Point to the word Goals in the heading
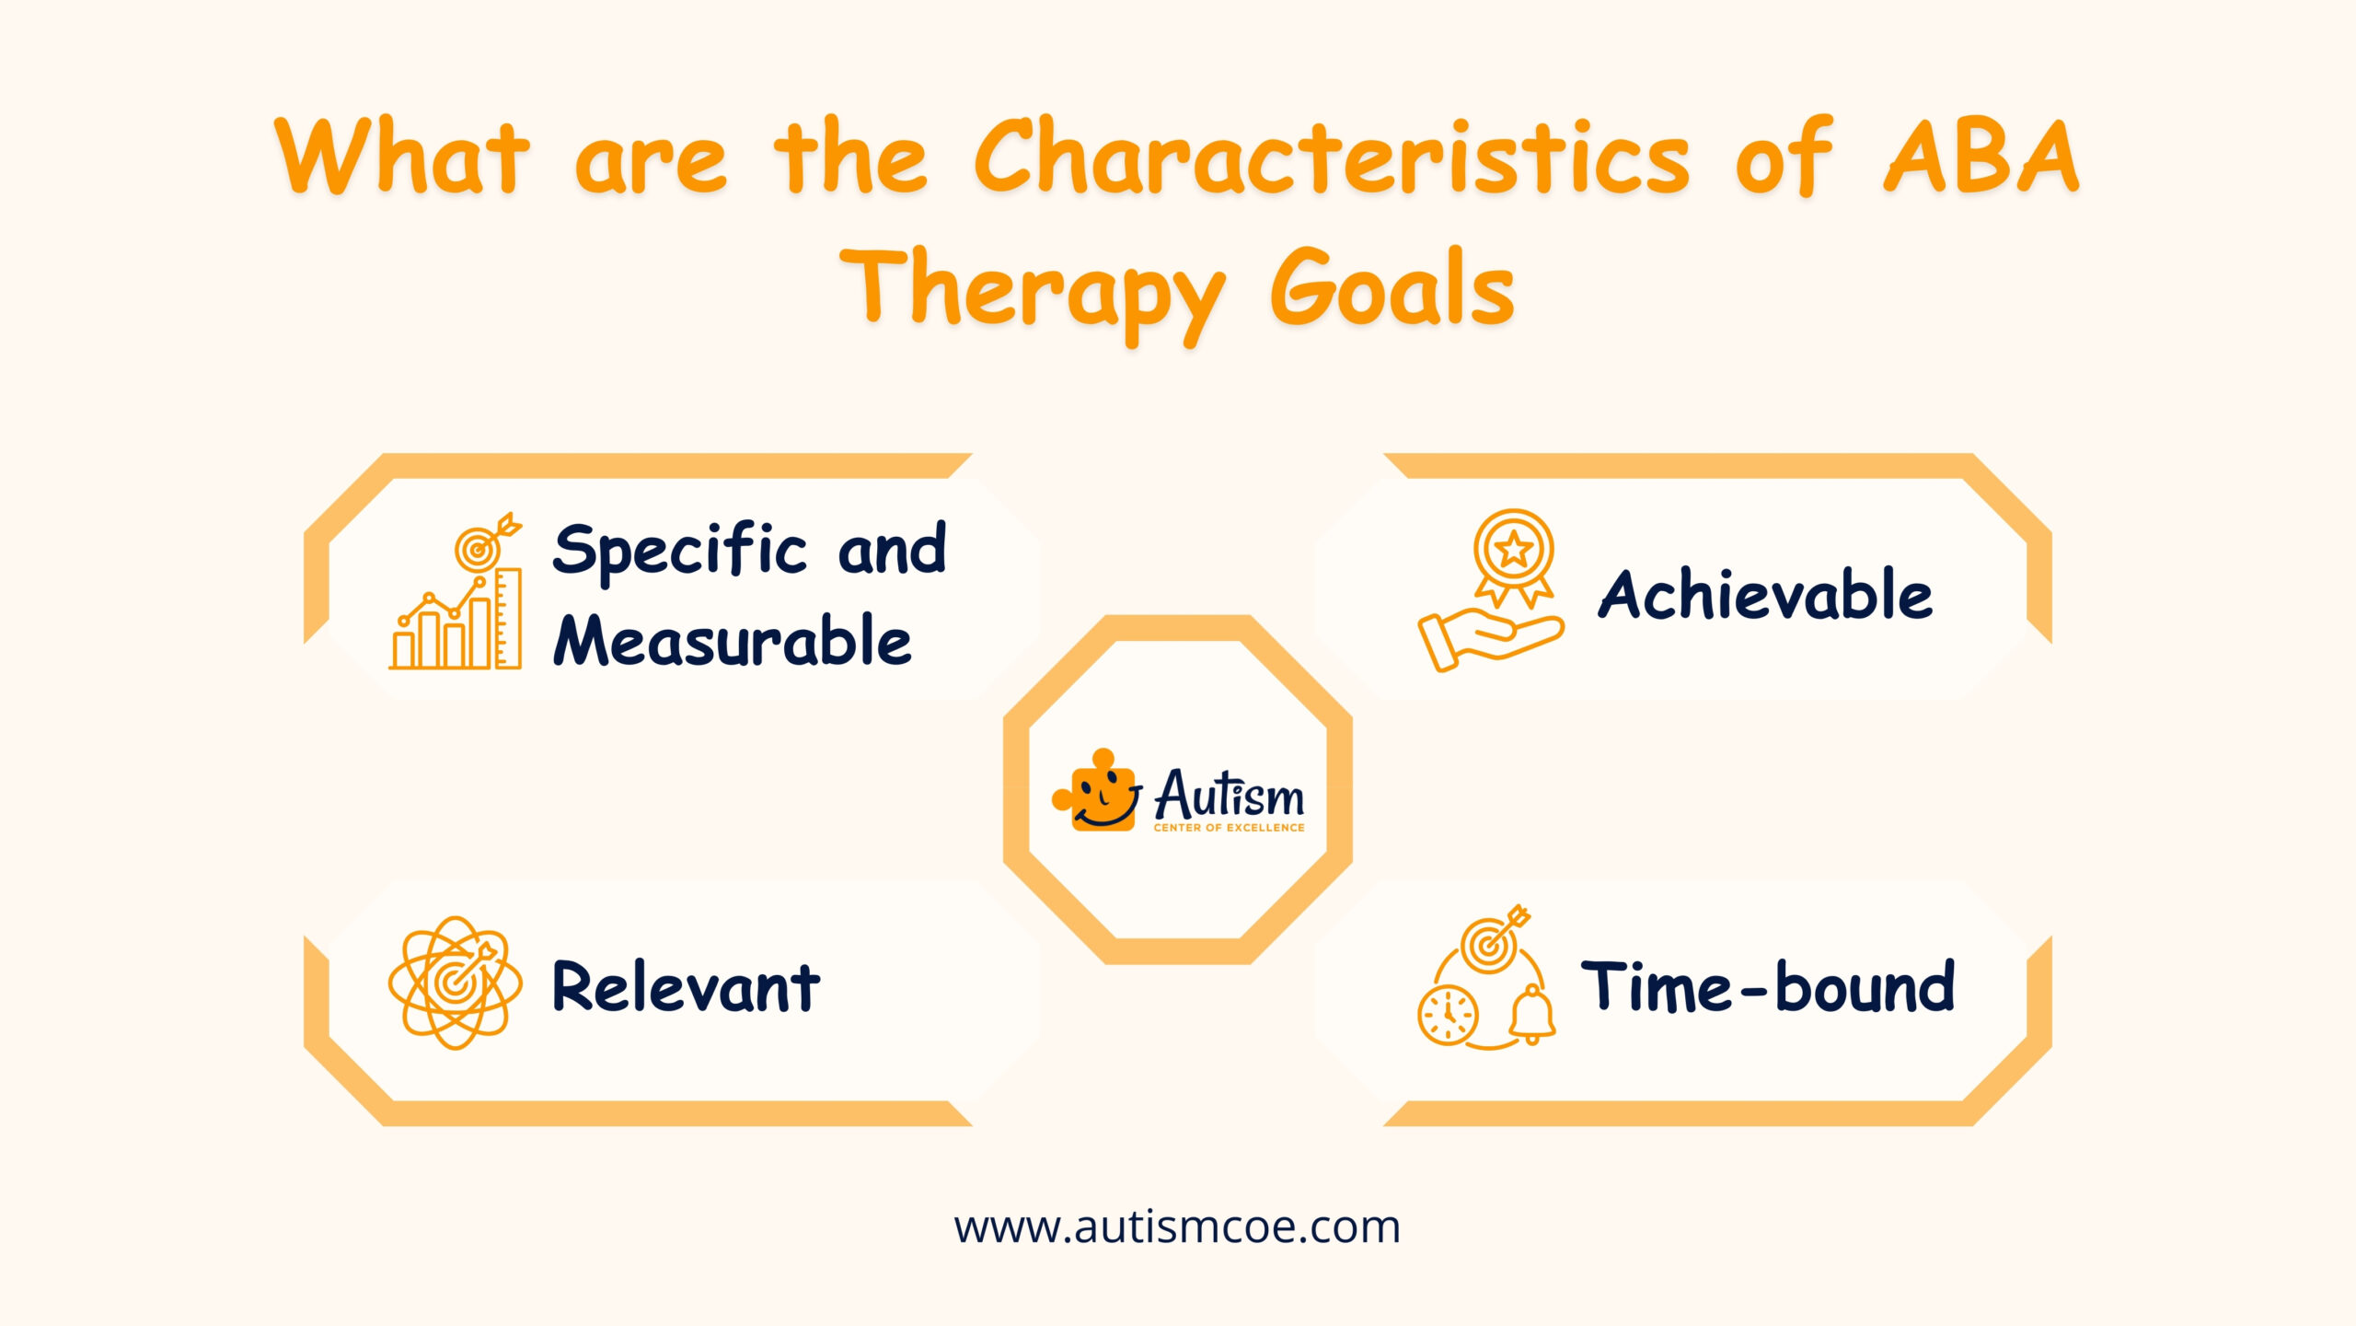click(x=1392, y=290)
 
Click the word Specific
click(x=679, y=551)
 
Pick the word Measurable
click(x=733, y=641)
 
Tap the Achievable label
click(x=1764, y=595)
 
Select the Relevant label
click(x=686, y=987)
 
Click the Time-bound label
click(x=1767, y=987)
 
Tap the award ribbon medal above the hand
click(x=1514, y=555)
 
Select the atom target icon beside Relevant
click(x=455, y=983)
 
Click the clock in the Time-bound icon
click(x=1448, y=1015)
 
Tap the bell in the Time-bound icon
click(x=1531, y=1015)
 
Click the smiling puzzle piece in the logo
click(x=1097, y=792)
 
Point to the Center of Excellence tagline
click(x=1229, y=828)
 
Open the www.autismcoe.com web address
click(x=1177, y=1227)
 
